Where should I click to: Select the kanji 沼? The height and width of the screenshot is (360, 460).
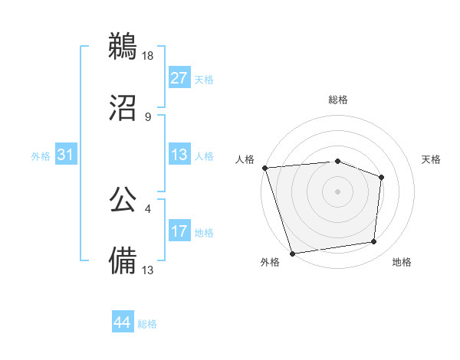123,108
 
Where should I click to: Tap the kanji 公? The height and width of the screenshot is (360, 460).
123,200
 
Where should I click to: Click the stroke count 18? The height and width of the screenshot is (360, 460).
149,56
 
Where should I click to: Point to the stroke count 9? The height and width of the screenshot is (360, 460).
148,116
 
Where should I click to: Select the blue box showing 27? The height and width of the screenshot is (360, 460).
179,78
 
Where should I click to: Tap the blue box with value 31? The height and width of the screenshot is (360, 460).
66,155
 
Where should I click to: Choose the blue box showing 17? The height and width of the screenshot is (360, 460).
179,231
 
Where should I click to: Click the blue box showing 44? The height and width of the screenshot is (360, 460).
123,322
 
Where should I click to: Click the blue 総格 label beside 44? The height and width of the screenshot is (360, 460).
147,324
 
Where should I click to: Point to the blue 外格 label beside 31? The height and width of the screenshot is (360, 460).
41,155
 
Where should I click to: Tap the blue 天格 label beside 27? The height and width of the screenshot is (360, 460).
204,79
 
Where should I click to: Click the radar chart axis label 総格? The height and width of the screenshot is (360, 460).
338,100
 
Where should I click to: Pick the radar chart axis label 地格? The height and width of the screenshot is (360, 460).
402,262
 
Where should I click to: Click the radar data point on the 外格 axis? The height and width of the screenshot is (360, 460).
292,253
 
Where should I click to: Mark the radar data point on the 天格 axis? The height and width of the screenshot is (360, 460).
381,177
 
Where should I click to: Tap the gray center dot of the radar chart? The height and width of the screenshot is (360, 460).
338,191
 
